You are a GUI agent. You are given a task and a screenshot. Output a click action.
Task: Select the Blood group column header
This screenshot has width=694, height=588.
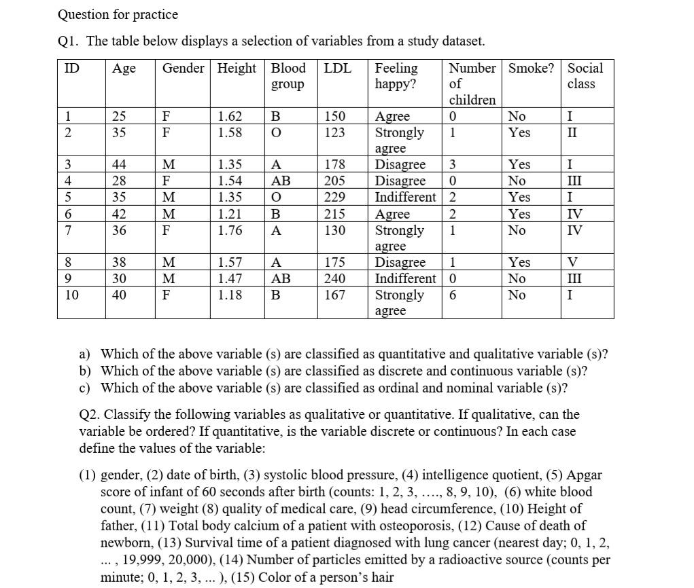tap(288, 76)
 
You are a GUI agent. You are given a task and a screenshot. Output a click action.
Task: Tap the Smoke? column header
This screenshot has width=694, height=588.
tap(531, 69)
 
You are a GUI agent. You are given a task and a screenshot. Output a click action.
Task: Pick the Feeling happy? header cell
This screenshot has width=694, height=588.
tap(396, 76)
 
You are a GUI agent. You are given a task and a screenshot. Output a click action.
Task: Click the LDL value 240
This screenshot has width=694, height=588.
tap(334, 278)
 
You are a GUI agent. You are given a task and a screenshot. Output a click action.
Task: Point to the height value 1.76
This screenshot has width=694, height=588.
tap(230, 230)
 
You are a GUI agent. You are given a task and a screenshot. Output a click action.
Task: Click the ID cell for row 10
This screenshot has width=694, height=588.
tap(71, 295)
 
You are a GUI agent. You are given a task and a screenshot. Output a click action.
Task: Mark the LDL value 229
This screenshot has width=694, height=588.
tap(334, 198)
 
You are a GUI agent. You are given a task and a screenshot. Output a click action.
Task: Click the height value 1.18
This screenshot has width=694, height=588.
tap(230, 295)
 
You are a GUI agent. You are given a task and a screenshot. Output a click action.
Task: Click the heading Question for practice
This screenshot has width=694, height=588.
tap(118, 14)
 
